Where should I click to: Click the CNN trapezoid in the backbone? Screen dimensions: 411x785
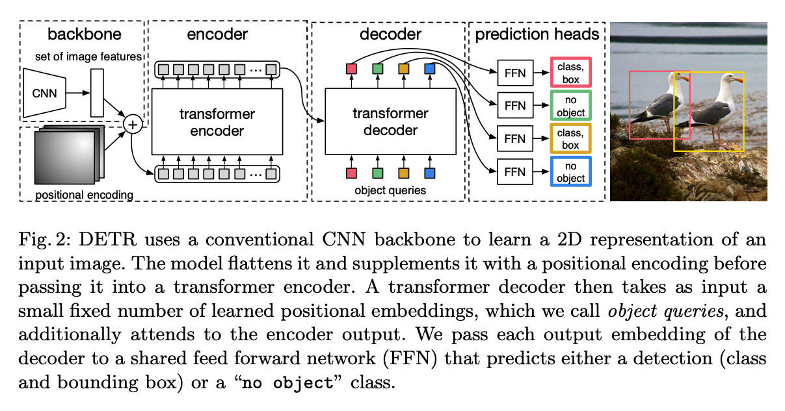45,93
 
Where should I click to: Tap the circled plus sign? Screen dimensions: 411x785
133,123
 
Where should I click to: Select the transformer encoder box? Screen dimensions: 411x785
217,122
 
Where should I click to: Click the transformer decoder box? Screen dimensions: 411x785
390,122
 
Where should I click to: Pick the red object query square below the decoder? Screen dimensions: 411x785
351,173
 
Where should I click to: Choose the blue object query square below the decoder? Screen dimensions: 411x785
429,173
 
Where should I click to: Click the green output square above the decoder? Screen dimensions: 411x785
377,69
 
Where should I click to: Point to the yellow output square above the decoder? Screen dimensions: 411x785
403,69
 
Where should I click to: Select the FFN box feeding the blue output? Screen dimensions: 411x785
514,172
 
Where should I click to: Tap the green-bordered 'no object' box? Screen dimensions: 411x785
570,105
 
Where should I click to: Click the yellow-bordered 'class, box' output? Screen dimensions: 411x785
570,139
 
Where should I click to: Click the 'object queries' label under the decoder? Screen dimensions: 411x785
390,190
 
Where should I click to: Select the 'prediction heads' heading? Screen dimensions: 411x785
537,34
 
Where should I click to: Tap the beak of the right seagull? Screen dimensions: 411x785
740,81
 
